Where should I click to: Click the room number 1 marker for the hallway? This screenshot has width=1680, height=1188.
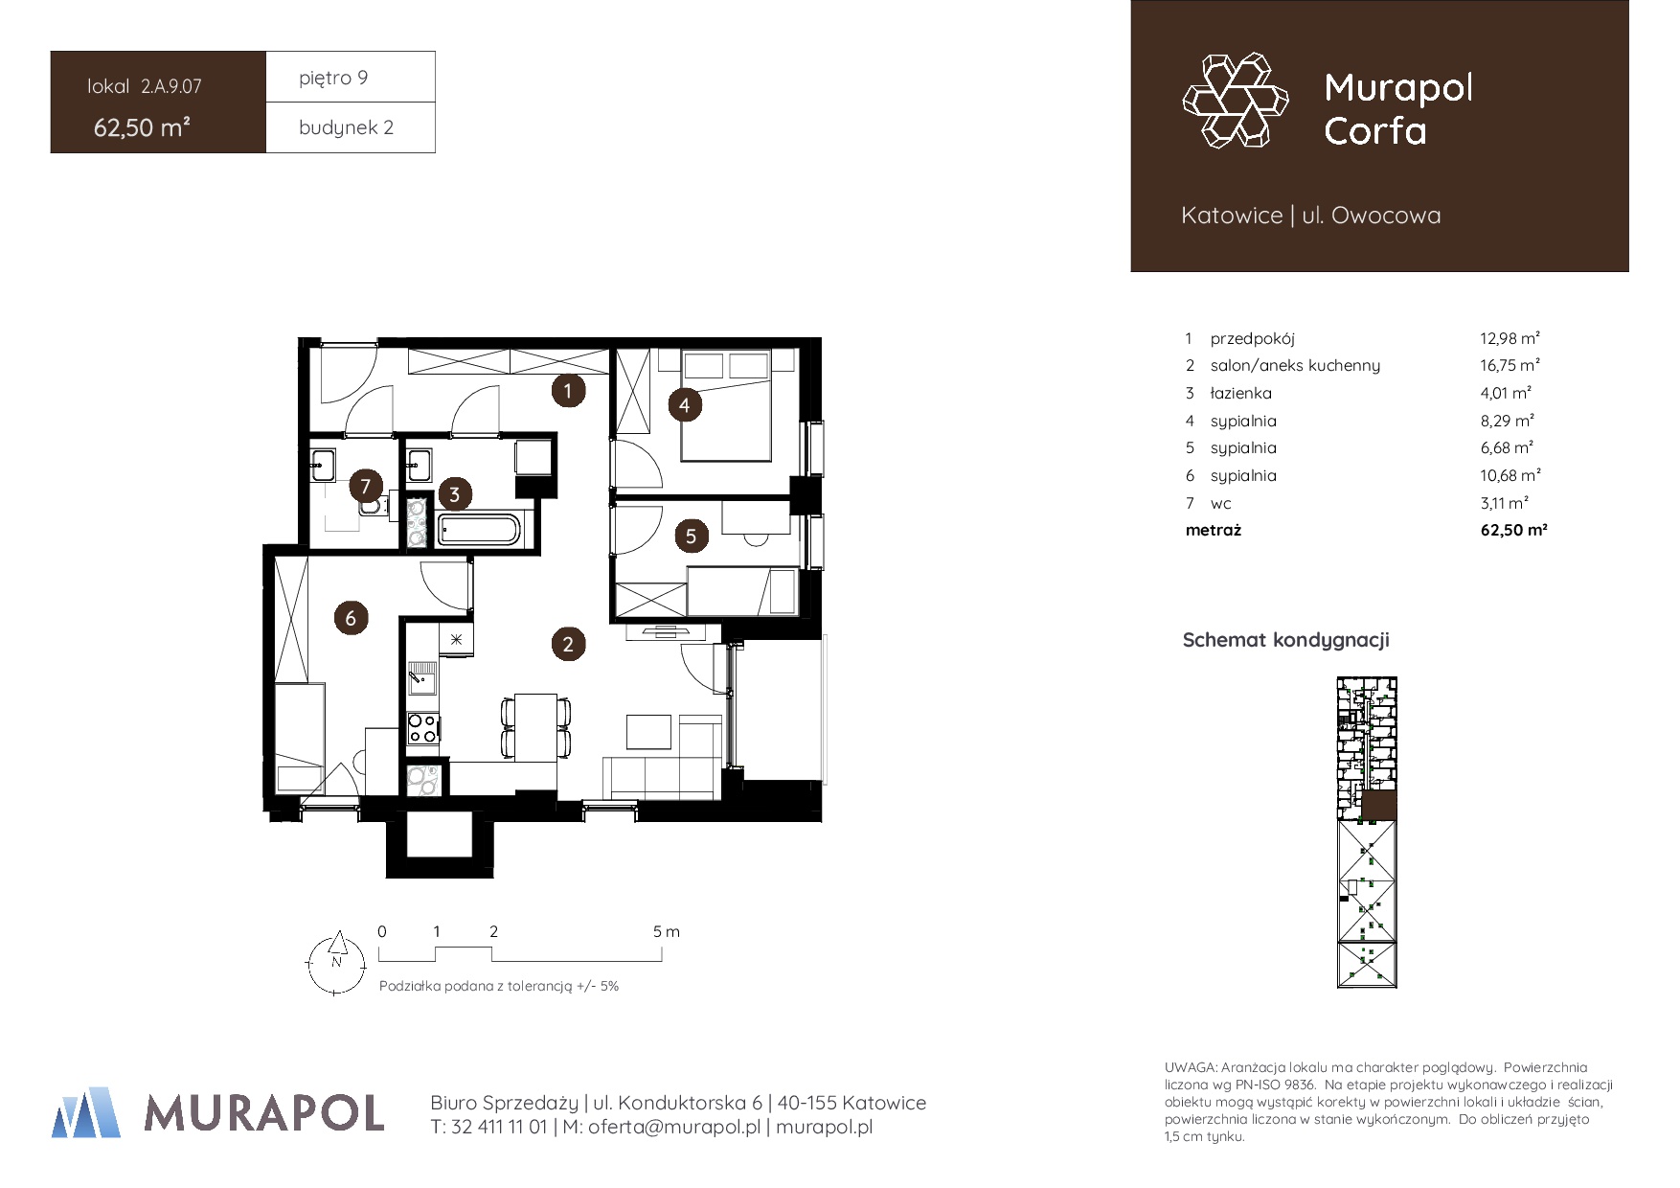pos(568,390)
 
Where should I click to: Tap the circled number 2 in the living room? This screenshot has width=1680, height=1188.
pos(568,644)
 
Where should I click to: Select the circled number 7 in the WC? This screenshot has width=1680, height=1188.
pos(365,486)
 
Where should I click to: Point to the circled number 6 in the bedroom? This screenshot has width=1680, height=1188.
pos(351,618)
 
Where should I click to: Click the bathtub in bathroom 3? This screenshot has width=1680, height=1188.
pos(479,529)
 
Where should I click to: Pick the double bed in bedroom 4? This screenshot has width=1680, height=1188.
pos(726,404)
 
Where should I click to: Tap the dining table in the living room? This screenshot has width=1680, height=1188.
pos(535,726)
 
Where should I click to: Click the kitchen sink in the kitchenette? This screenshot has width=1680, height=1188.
pos(421,678)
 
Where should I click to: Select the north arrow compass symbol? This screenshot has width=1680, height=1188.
pos(335,963)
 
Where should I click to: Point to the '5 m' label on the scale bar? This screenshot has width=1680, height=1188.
pos(666,931)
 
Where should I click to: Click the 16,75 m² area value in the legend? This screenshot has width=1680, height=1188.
pos(1510,365)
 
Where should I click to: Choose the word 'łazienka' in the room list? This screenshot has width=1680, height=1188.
pos(1240,393)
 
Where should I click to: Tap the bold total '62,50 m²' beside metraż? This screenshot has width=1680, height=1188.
pos(1513,530)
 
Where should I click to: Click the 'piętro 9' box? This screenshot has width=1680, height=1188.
pos(351,77)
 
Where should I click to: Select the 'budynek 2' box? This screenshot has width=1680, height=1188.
pos(351,127)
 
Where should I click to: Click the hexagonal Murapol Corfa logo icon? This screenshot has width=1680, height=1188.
pos(1236,101)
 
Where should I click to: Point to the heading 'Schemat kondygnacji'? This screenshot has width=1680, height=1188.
pos(1285,640)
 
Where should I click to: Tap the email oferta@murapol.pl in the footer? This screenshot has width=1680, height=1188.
pos(674,1127)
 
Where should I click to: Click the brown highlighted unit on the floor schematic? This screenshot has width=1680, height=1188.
pos(1379,806)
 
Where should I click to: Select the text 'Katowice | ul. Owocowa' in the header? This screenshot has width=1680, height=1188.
pos(1310,216)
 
